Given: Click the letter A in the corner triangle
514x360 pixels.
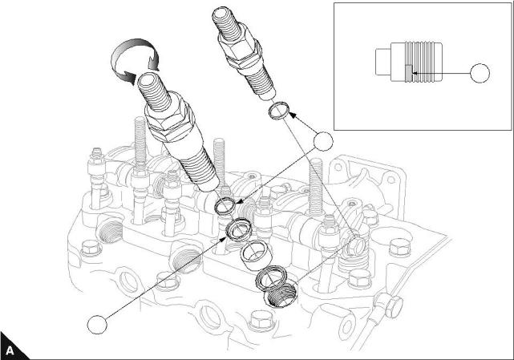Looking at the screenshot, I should [10, 350].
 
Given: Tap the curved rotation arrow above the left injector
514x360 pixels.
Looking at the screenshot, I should [133, 63].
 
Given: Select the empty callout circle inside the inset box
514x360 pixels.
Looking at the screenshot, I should [479, 74].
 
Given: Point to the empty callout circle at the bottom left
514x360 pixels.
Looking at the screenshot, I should [97, 325].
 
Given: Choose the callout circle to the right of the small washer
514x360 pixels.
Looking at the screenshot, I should [322, 143].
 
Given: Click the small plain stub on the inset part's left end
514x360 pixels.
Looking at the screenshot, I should [382, 62].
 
